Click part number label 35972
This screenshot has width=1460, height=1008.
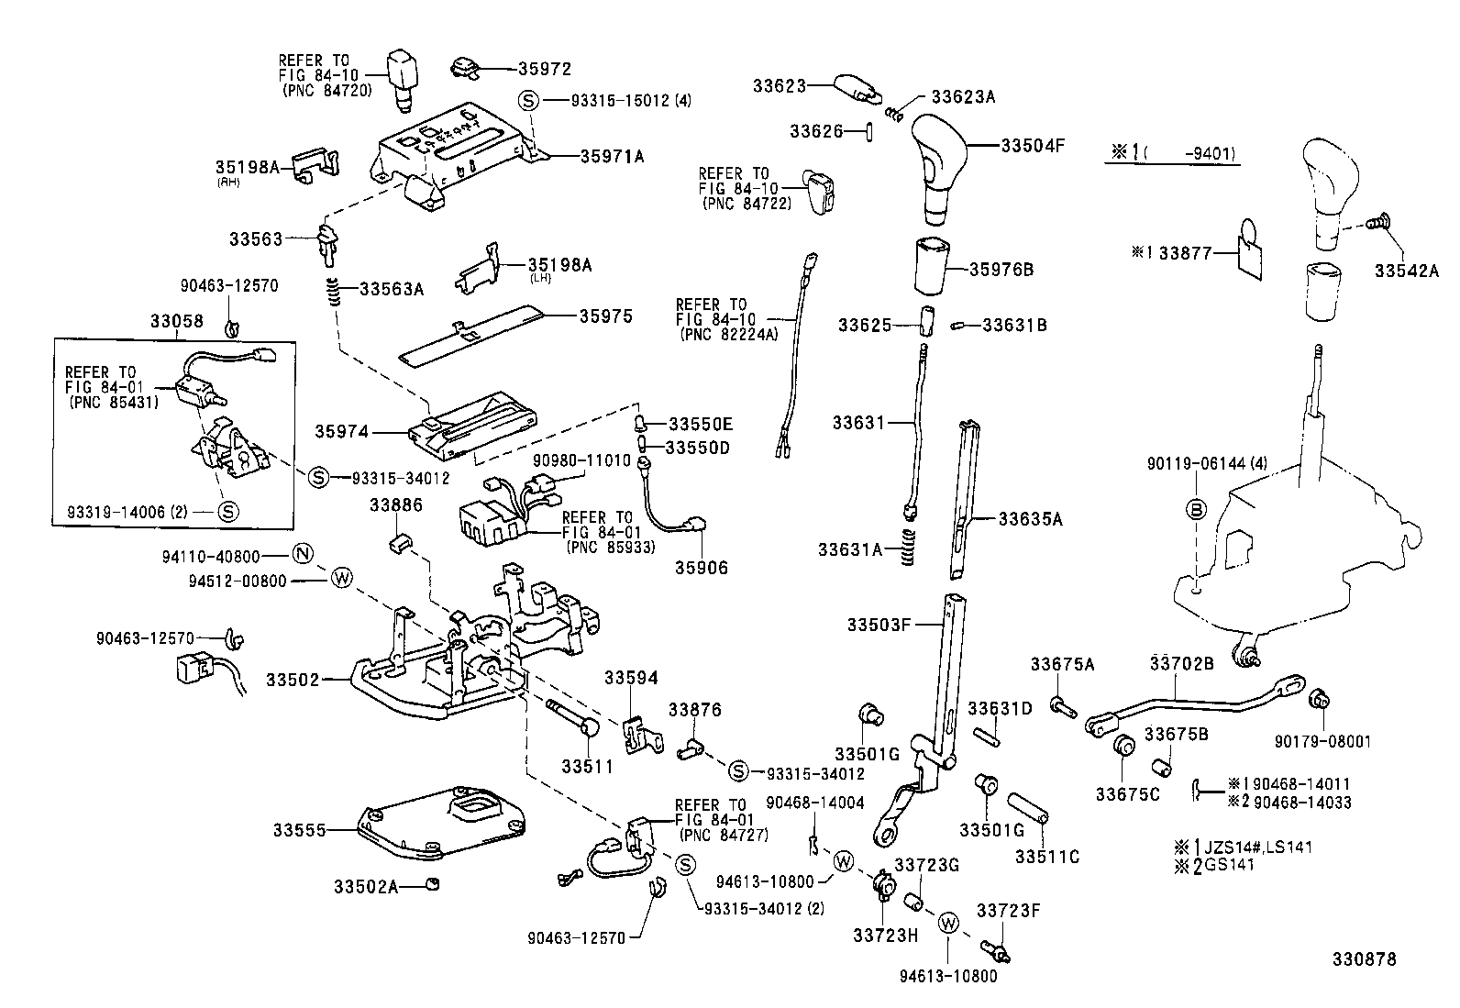(544, 69)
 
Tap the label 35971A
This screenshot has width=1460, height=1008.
(612, 157)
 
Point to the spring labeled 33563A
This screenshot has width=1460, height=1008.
(337, 292)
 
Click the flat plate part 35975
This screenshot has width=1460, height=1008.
(477, 335)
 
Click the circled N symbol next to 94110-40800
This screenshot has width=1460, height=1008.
(303, 554)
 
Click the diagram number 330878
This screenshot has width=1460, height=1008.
(1364, 959)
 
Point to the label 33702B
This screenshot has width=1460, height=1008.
(1181, 662)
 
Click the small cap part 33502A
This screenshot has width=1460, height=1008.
(433, 883)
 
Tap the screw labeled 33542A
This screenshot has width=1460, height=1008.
(1374, 222)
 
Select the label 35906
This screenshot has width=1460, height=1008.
(702, 568)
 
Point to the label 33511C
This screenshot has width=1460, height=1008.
(1046, 857)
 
